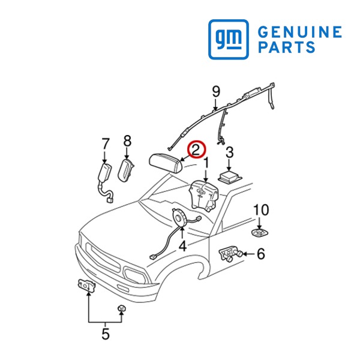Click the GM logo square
pos(229,39)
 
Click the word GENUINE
pos(300,32)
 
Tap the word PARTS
pos(287,47)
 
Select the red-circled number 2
pos(196,149)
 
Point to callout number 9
pos(216,92)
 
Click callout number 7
pos(105,144)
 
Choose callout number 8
pos(127,141)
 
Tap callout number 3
pos(230,152)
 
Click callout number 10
pos(261,210)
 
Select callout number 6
pos(260,253)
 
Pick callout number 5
pos(106,334)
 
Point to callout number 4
pos(182,247)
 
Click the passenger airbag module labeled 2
pos(166,163)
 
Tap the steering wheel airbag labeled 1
pos(203,195)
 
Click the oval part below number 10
pos(260,233)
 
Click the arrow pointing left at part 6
pos(248,254)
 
